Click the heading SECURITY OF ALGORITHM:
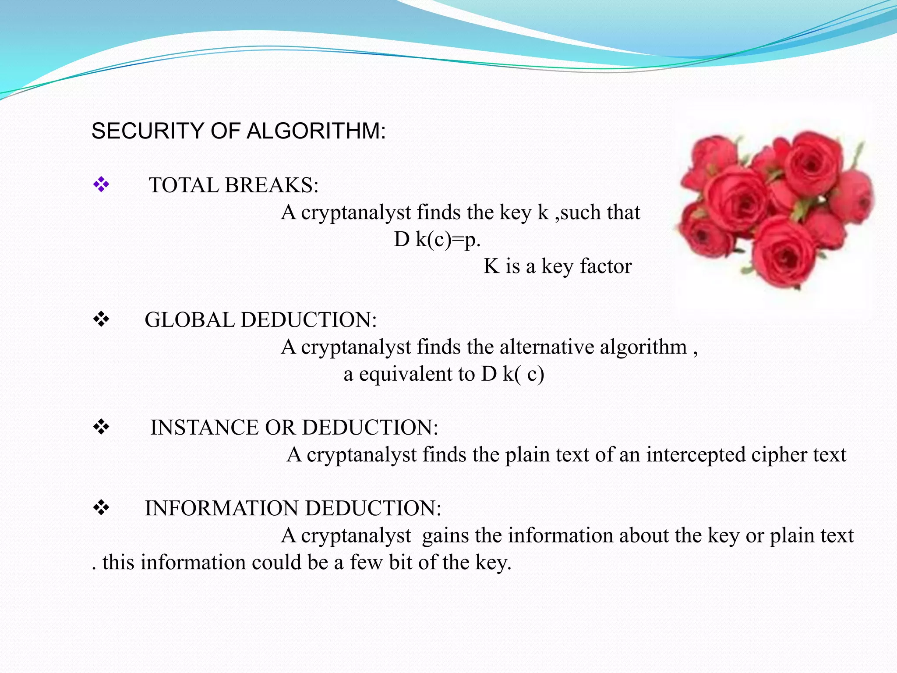[239, 131]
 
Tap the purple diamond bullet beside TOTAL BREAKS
[101, 184]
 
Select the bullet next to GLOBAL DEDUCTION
[101, 319]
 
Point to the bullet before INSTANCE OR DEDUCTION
[101, 427]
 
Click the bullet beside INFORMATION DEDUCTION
[101, 508]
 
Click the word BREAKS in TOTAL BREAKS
[272, 185]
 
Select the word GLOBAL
[190, 320]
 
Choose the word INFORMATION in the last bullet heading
[222, 508]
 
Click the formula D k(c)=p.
[437, 240]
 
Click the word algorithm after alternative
[643, 347]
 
